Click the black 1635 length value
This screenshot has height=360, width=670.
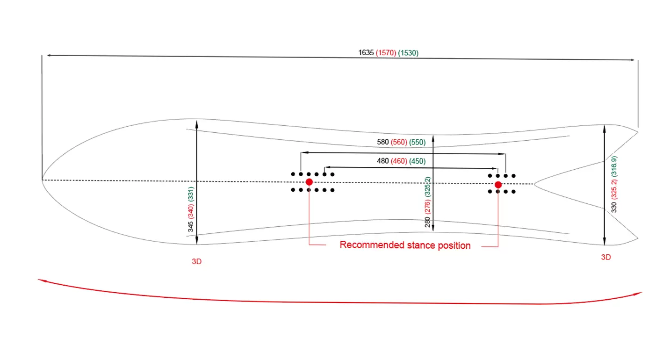pyautogui.click(x=366, y=53)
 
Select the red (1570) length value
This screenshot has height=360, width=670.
pyautogui.click(x=386, y=53)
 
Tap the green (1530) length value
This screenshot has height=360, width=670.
pyautogui.click(x=408, y=53)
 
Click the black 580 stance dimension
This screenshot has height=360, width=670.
pyautogui.click(x=383, y=142)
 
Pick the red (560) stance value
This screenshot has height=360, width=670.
pyautogui.click(x=399, y=142)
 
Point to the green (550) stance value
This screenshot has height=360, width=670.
pyautogui.click(x=417, y=142)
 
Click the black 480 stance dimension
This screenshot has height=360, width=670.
pyautogui.click(x=383, y=161)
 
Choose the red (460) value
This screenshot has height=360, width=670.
pyautogui.click(x=399, y=161)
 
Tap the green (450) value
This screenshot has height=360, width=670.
pyautogui.click(x=417, y=161)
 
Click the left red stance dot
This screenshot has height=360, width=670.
pyautogui.click(x=309, y=182)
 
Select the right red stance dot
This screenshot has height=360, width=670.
pyautogui.click(x=498, y=184)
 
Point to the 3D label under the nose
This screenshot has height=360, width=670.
pyautogui.click(x=197, y=261)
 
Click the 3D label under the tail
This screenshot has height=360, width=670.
pyautogui.click(x=606, y=257)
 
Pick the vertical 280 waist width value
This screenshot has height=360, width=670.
pyautogui.click(x=427, y=222)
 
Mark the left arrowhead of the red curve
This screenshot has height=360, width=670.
pyautogui.click(x=41, y=281)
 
